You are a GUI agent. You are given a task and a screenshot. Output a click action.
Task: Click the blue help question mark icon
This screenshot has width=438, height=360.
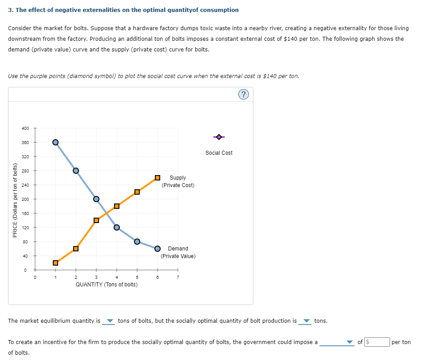pos(243,94)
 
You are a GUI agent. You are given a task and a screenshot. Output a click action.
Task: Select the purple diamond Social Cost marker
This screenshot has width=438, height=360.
pos(219,137)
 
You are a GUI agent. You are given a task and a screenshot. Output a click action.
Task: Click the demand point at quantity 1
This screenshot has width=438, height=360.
pos(55,142)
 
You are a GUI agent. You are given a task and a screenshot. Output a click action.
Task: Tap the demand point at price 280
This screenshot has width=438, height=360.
pos(76,171)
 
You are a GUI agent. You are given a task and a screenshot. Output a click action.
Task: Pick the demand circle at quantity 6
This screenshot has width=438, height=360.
pos(158,248)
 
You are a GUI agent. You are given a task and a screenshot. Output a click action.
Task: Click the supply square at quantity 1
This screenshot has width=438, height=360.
pos(55,263)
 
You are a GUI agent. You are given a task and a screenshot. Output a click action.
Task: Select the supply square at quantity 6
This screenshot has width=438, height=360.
pos(158,178)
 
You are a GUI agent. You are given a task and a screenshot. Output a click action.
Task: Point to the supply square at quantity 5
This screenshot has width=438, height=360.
pos(137,192)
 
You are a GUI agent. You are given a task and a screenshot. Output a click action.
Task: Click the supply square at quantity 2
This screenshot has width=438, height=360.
pos(76,249)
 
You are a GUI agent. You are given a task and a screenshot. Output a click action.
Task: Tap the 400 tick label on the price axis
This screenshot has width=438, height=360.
pos(25,129)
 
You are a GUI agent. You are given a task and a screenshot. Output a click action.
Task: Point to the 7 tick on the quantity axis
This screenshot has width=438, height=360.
pos(178,278)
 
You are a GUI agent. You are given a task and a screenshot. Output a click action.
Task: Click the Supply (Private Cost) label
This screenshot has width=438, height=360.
pos(178,181)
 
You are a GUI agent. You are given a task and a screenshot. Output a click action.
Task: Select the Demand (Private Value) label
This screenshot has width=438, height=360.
pos(178,252)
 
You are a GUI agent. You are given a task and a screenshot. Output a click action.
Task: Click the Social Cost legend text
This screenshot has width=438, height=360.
pos(219,153)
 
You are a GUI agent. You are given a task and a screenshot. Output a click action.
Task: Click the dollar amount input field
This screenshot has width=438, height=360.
pos(377,342)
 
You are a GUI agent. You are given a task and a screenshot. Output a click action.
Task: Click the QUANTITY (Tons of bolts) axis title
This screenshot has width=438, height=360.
pos(107,285)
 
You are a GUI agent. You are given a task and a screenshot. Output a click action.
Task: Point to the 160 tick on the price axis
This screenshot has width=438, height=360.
pos(25,214)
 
